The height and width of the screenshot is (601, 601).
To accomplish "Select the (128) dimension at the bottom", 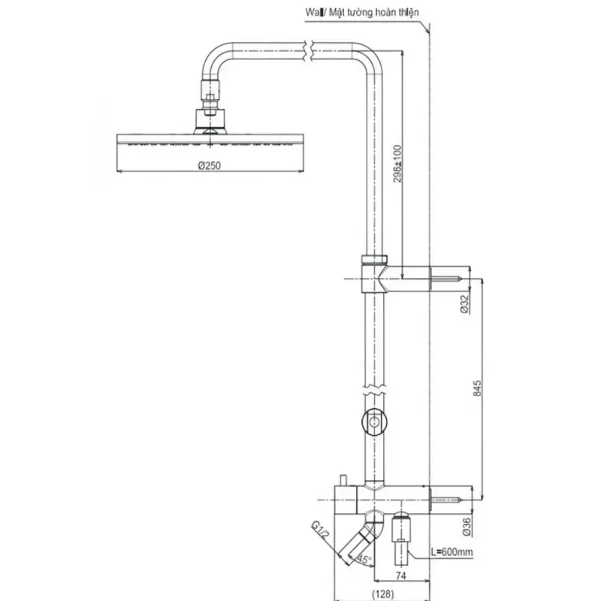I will click(x=382, y=593).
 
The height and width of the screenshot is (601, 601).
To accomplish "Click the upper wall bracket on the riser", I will click(x=374, y=273).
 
